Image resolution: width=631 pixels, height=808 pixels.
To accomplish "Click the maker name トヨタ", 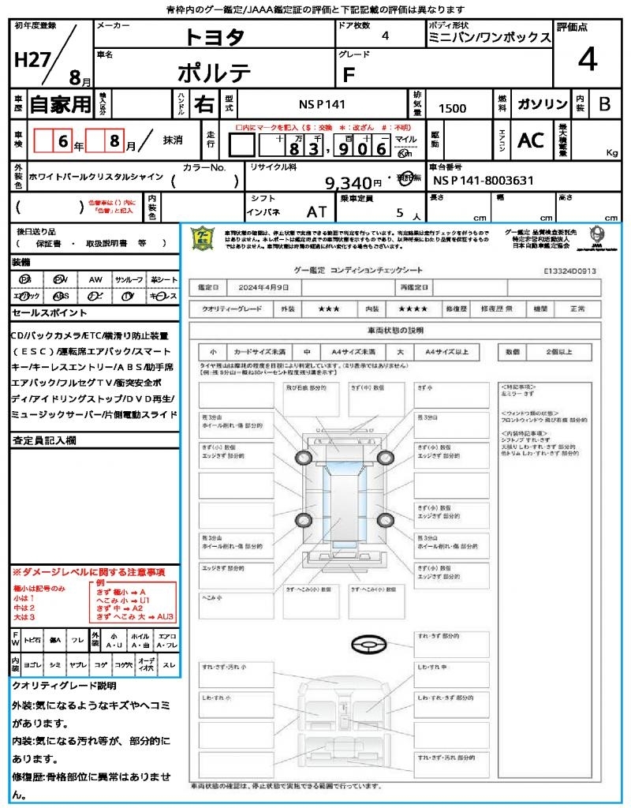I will point(215,36).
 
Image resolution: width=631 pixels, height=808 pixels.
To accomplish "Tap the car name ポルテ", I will point(214,73).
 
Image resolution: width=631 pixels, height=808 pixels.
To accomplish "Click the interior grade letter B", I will point(604,104).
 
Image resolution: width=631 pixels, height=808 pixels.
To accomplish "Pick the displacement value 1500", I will point(452,108).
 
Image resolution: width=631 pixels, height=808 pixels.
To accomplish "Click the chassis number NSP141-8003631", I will point(484,181).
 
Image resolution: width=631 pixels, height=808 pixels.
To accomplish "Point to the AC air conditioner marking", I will point(531,140).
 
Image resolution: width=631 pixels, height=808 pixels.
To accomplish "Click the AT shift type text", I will point(318,212).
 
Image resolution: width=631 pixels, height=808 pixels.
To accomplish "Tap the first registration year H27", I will point(30,60).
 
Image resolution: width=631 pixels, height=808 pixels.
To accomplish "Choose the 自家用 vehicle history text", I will point(61,104).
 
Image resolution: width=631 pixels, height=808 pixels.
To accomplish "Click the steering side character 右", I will point(203,104).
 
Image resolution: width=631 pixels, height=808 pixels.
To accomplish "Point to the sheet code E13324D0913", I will point(569,270).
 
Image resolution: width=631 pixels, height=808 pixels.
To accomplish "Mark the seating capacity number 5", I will point(399,212).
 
